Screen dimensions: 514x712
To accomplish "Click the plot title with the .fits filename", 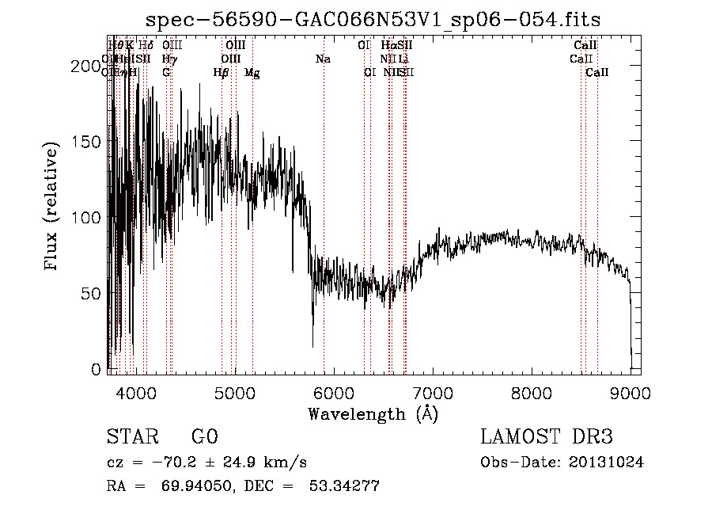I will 374,21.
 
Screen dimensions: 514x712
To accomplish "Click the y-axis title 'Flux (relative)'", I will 53,207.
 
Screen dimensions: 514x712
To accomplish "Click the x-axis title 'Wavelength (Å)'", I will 373,413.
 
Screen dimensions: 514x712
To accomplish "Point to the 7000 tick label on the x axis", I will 433,393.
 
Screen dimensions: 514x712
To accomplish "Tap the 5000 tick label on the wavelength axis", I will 235,393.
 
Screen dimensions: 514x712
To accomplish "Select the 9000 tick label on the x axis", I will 631,393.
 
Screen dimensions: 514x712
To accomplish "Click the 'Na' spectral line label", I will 323,59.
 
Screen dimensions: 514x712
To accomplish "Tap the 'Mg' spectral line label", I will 252,73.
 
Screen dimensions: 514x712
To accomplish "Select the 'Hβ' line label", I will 222,73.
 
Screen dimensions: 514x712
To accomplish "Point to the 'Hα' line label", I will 388,46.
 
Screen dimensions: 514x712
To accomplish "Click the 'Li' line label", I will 403,59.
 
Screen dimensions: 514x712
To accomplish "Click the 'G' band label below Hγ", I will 166,73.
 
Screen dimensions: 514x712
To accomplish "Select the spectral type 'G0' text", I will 204,437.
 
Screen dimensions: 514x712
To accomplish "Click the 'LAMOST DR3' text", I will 547,437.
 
